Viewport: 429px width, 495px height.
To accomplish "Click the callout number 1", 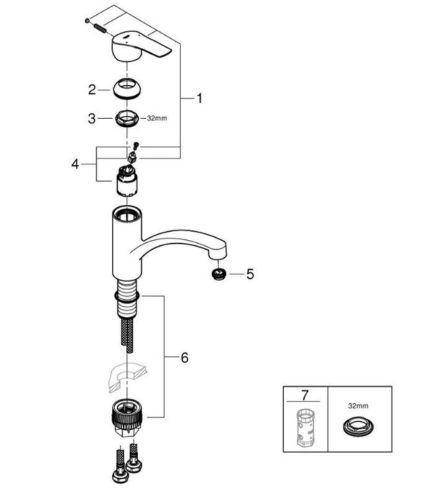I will tap(199, 98).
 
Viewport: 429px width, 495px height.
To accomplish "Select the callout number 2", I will tap(92, 88).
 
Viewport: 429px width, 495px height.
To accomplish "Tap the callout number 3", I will tap(92, 119).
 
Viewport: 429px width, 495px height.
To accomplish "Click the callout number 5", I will tap(249, 273).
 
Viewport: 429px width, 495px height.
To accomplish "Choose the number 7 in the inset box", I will tap(304, 396).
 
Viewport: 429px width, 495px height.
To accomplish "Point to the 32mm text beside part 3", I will tap(156, 119).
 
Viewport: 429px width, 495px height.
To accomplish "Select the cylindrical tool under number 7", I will tap(304, 428).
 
